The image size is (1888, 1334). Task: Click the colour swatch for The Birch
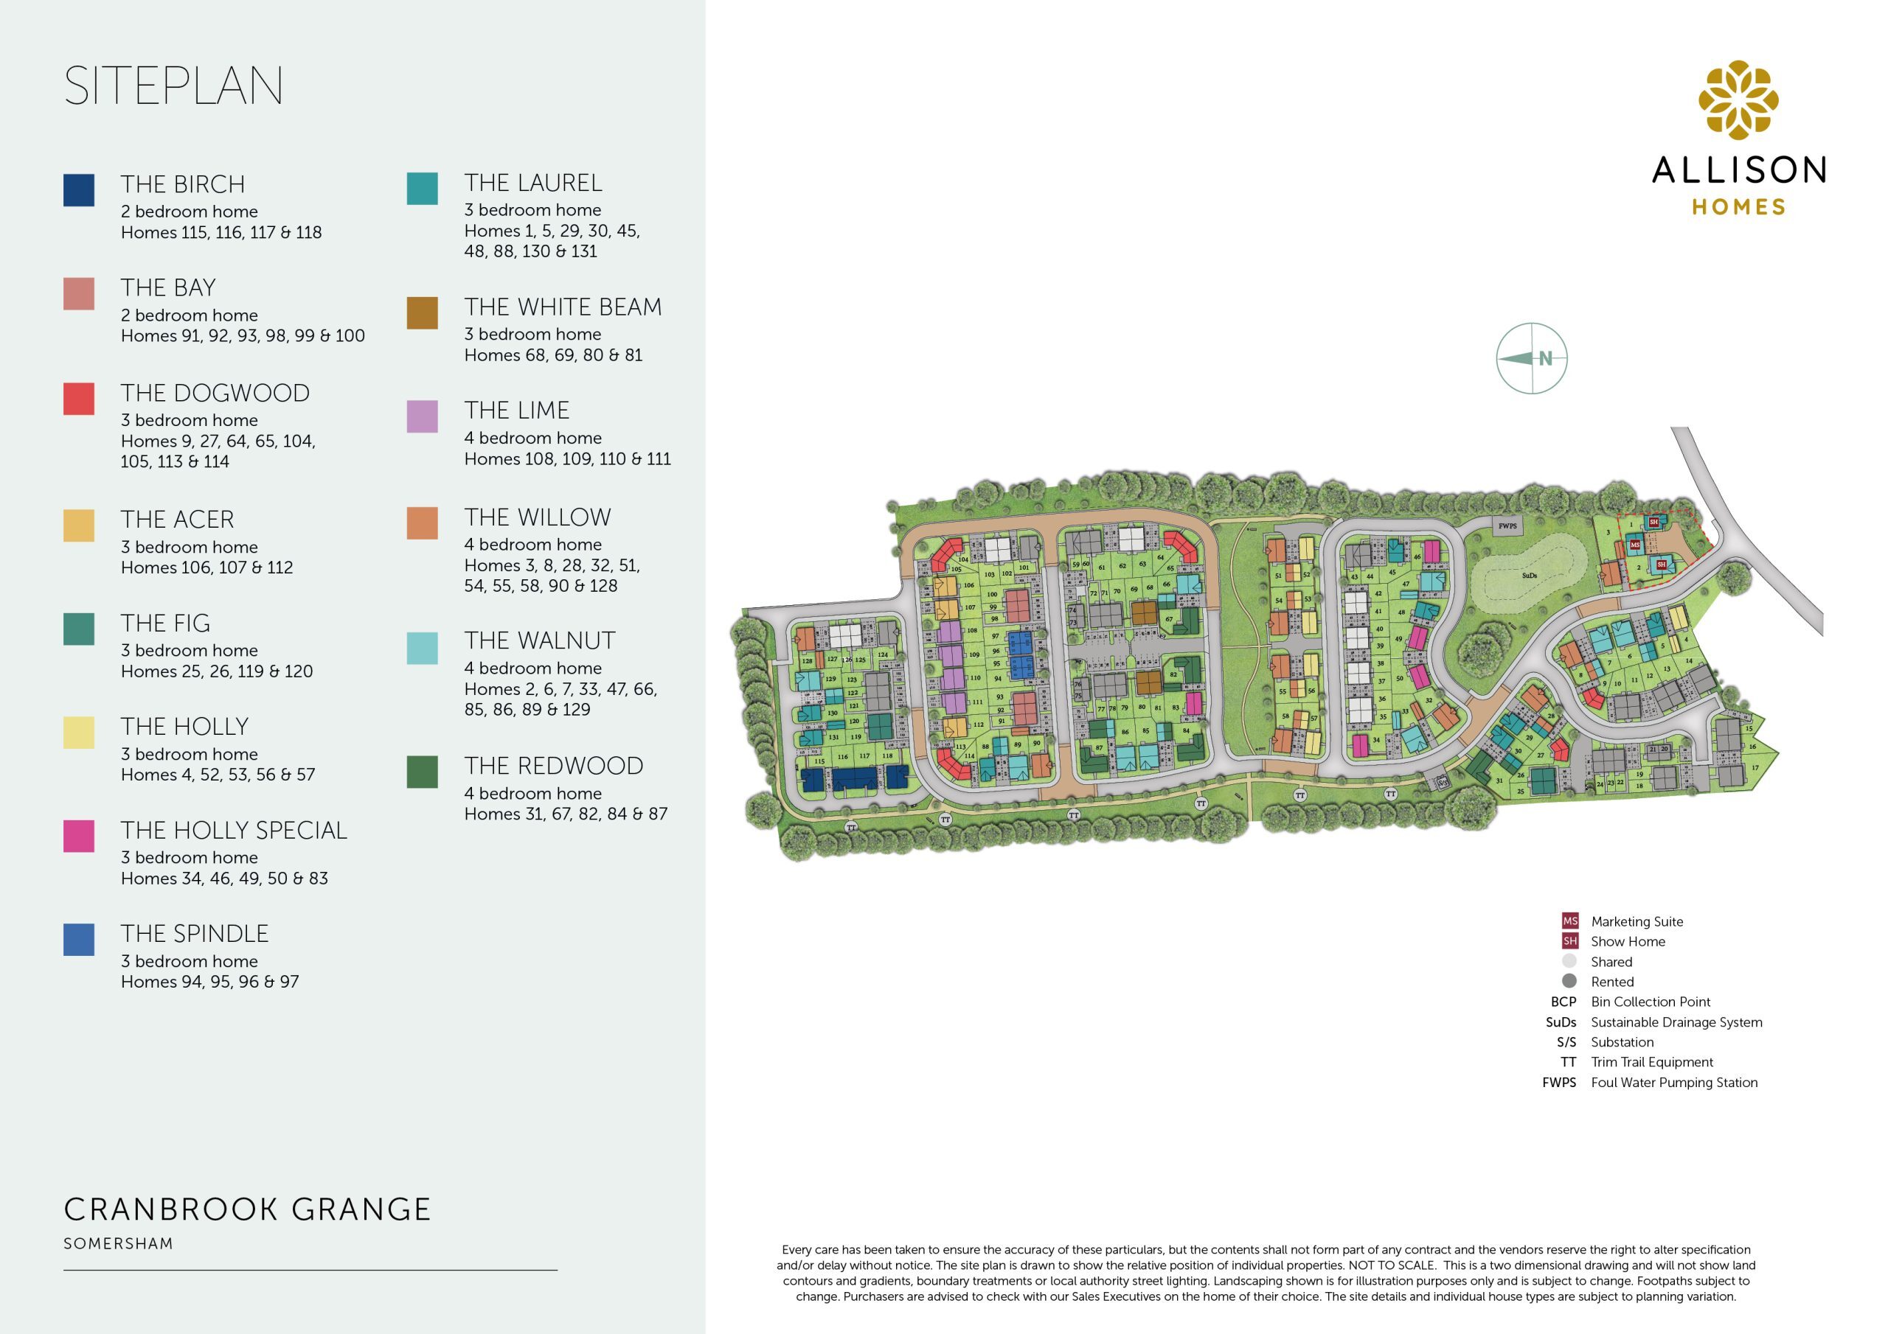click(79, 190)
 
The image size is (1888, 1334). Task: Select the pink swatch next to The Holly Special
click(79, 836)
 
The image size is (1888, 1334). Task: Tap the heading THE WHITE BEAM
click(563, 307)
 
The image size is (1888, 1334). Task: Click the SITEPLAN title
click(173, 85)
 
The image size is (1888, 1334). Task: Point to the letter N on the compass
click(1545, 358)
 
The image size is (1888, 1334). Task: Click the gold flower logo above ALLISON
click(1738, 99)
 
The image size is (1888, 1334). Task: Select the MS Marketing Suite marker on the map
click(1635, 545)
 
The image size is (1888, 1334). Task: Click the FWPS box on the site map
click(1507, 526)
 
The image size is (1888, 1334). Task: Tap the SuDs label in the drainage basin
click(1529, 576)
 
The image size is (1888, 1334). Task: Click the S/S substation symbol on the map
click(1443, 783)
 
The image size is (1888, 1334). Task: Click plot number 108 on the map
click(972, 630)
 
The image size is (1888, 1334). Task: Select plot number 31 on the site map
click(1499, 781)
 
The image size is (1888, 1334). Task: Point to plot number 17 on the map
click(1755, 768)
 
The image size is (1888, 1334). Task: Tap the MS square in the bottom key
click(1570, 921)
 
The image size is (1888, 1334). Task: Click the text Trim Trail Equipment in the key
click(1651, 1062)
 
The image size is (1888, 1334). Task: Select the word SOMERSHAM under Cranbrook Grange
click(119, 1243)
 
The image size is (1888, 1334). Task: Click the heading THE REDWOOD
click(553, 766)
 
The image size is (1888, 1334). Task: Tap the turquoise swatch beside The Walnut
click(422, 649)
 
